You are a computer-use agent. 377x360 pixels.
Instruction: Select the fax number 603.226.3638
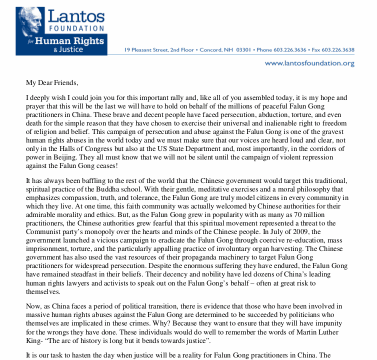(x=339, y=50)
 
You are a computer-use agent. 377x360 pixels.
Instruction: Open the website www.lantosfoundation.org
(x=309, y=63)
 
